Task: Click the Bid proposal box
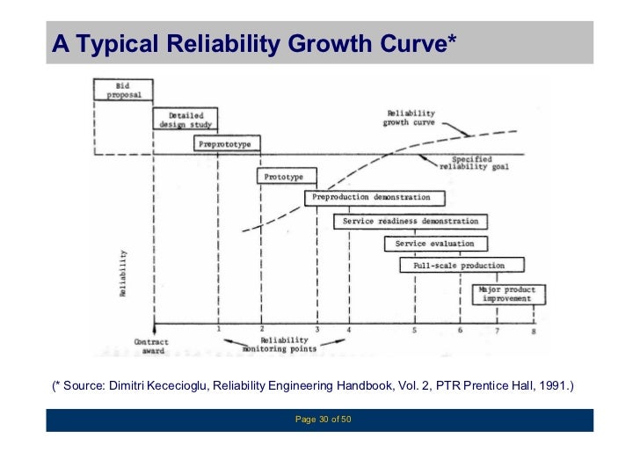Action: click(124, 90)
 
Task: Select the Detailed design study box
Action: click(185, 120)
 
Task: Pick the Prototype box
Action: click(284, 177)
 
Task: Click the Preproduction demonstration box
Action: click(373, 199)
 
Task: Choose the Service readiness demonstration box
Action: click(411, 222)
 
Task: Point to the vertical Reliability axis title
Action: click(123, 274)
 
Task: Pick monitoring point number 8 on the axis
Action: click(533, 331)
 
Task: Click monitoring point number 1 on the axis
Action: click(218, 329)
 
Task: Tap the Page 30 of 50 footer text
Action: click(323, 420)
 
